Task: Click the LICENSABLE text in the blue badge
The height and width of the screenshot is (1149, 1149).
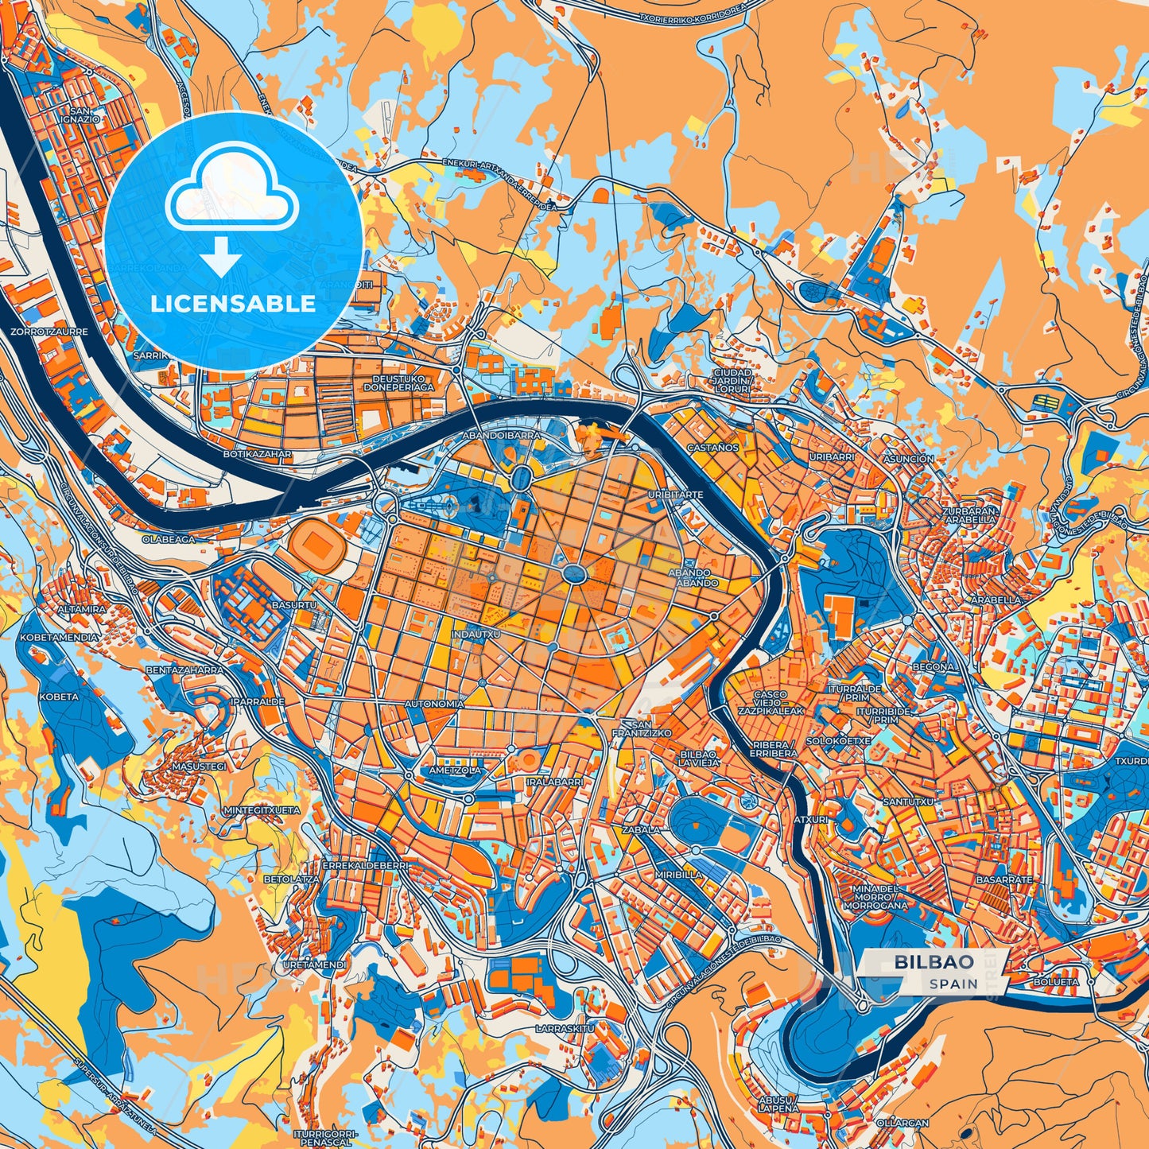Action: point(233,304)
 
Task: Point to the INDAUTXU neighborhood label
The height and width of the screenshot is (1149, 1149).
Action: point(476,635)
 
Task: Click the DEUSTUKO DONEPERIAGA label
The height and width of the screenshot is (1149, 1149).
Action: point(399,383)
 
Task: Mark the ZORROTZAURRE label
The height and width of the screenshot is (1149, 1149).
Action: point(49,331)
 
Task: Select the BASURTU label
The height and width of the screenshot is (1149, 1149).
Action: point(294,605)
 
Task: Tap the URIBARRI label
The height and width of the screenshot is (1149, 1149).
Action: point(831,457)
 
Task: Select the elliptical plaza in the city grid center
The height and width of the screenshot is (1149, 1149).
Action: point(574,573)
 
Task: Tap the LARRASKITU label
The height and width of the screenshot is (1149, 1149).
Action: point(565,1029)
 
